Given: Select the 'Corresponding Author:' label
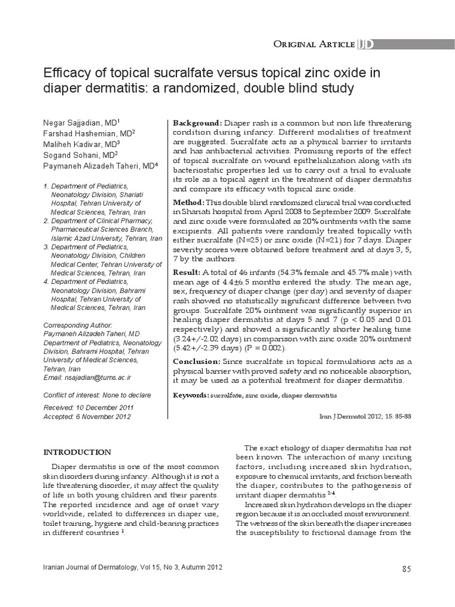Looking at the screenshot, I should [78, 325].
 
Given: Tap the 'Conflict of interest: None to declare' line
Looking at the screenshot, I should [98, 395].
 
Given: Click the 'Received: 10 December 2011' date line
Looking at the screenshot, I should [89, 407].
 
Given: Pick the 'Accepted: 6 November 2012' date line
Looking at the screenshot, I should [88, 416].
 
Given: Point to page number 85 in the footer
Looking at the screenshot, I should [406, 569].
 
